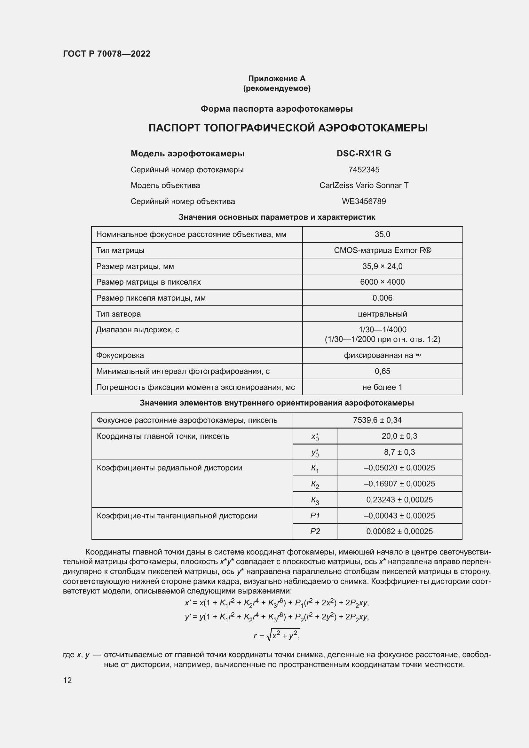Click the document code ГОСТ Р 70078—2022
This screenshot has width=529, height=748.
pyautogui.click(x=107, y=54)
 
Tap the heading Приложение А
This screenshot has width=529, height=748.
pyautogui.click(x=277, y=79)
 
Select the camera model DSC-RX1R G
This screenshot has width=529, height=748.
pyautogui.click(x=364, y=154)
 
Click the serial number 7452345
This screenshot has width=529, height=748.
pyautogui.click(x=364, y=170)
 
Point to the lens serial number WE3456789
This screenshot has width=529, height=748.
pyautogui.click(x=364, y=201)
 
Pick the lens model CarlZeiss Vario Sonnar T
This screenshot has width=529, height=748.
pyautogui.click(x=364, y=185)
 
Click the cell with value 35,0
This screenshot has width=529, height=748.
pyautogui.click(x=382, y=234)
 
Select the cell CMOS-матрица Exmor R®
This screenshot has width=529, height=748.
pyautogui.click(x=382, y=250)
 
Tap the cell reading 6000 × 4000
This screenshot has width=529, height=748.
pyautogui.click(x=382, y=282)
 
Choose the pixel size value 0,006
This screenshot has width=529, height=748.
pyautogui.click(x=382, y=298)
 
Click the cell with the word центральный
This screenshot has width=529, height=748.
pyautogui.click(x=382, y=314)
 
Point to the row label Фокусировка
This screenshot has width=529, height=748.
pyautogui.click(x=120, y=355)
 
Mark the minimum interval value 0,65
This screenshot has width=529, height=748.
pyautogui.click(x=382, y=371)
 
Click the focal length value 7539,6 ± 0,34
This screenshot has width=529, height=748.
pyautogui.click(x=377, y=420)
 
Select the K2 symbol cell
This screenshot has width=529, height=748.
pyautogui.click(x=315, y=484)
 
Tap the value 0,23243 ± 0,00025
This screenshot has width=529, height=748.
pyautogui.click(x=399, y=500)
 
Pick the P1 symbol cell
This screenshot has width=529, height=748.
pyautogui.click(x=315, y=516)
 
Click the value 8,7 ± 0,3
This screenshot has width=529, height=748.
pyautogui.click(x=399, y=452)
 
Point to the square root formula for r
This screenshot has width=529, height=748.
pyautogui.click(x=277, y=634)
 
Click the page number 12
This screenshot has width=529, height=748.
pyautogui.click(x=67, y=680)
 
